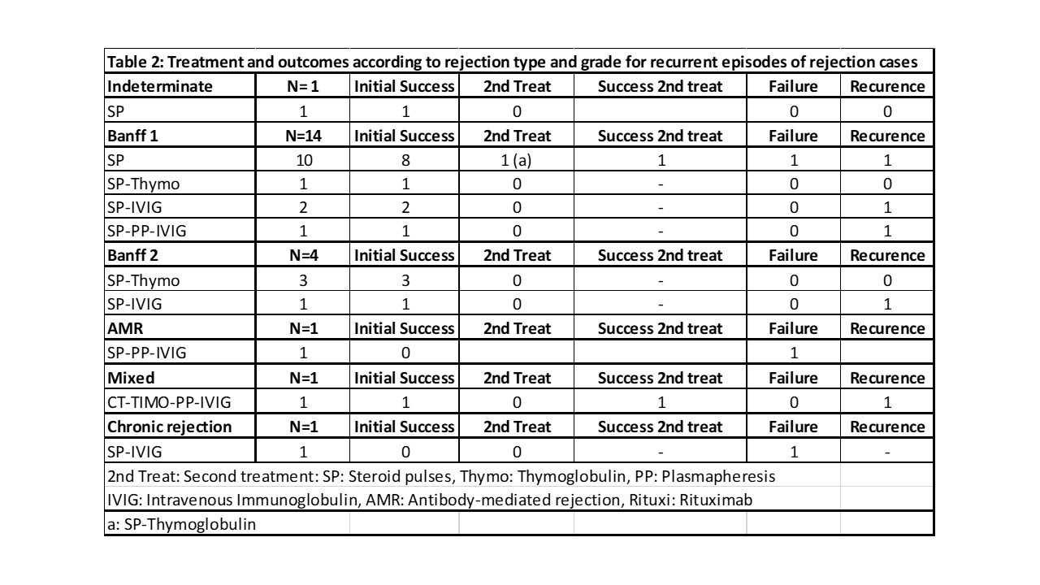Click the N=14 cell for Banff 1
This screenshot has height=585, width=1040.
pyautogui.click(x=303, y=136)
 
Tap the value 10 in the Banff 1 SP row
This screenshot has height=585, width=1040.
pyautogui.click(x=303, y=160)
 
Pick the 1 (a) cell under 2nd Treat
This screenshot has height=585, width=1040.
pyautogui.click(x=517, y=160)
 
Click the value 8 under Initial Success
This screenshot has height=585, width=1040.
pyautogui.click(x=405, y=160)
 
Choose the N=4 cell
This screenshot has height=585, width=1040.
pyautogui.click(x=303, y=255)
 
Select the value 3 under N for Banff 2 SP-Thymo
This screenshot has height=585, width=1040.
pyautogui.click(x=303, y=279)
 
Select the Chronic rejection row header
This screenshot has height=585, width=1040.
pyautogui.click(x=169, y=427)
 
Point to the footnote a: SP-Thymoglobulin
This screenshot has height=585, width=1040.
pyautogui.click(x=181, y=524)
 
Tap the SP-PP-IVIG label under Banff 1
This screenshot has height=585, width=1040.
pyautogui.click(x=146, y=231)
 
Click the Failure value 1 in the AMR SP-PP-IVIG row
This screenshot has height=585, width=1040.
pyautogui.click(x=793, y=353)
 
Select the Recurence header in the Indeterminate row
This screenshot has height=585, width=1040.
pyautogui.click(x=887, y=86)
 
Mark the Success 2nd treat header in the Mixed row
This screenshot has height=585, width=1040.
pyautogui.click(x=660, y=378)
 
